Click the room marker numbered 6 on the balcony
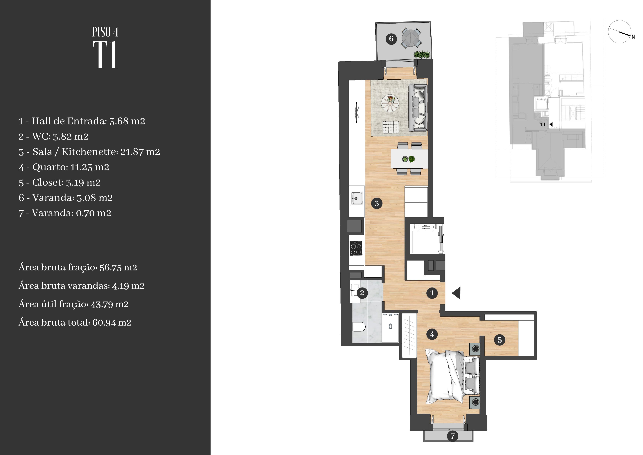(x=391, y=39)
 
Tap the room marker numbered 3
(x=377, y=203)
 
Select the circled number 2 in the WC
(x=362, y=293)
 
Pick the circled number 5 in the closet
(x=500, y=340)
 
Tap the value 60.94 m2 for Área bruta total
(x=112, y=322)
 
